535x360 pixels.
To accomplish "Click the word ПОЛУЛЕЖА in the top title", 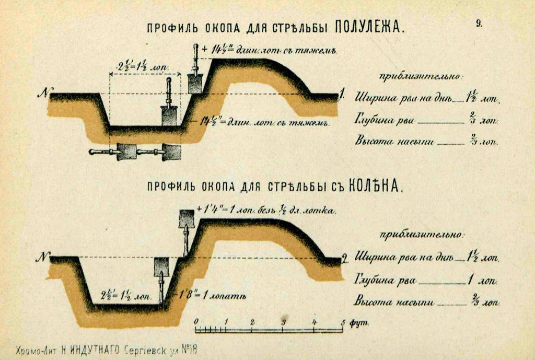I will coord(369,27).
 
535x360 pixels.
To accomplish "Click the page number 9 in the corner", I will coord(479,23).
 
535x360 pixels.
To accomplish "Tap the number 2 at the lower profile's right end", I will coord(344,258).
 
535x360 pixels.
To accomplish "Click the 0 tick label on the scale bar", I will coord(196,321).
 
